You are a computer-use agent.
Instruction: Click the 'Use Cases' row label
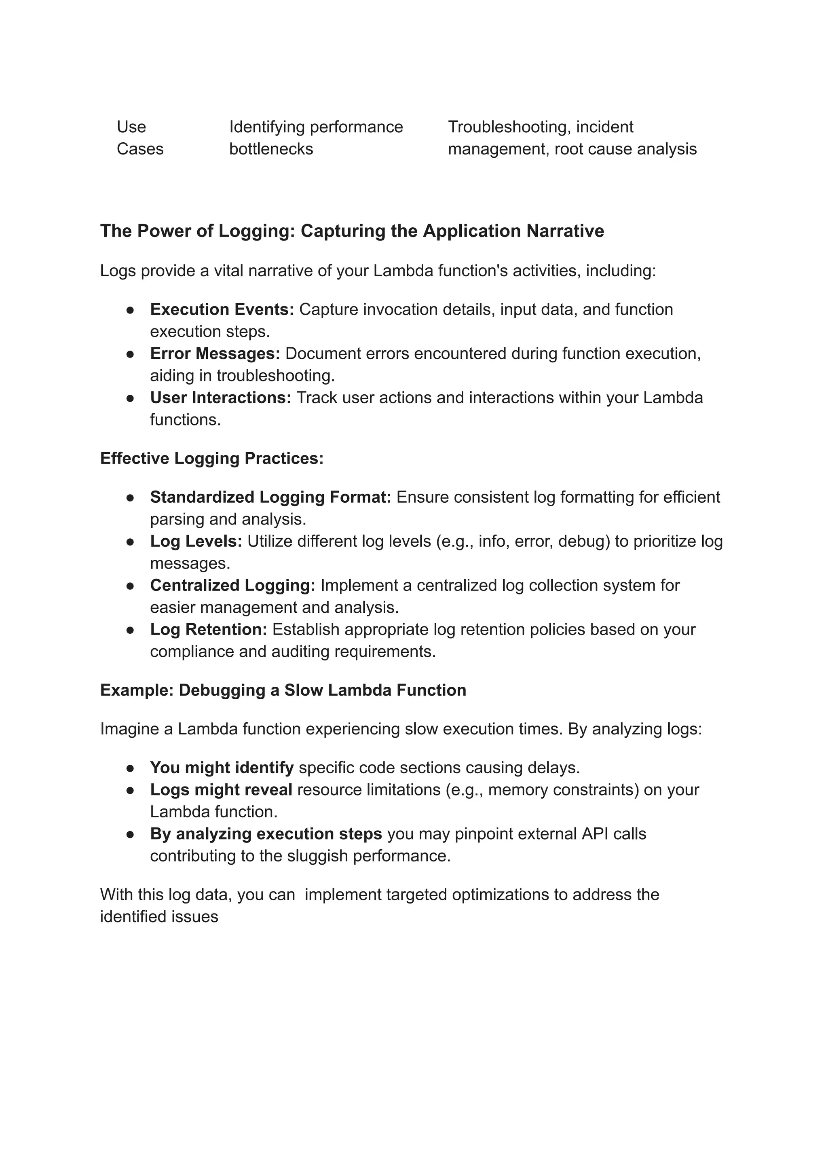[140, 138]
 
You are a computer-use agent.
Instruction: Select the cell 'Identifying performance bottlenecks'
[316, 138]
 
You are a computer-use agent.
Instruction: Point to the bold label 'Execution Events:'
[222, 309]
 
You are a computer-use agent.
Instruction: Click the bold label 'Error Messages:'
[215, 353]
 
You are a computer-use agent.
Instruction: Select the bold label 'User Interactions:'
[220, 397]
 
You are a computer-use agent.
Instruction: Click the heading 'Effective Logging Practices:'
[211, 458]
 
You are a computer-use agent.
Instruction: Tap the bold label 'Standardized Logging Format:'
[270, 497]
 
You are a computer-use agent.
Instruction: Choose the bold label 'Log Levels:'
[196, 541]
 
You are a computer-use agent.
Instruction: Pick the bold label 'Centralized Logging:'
[232, 585]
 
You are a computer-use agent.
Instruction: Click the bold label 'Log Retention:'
[208, 629]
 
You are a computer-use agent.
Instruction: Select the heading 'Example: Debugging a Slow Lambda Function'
[283, 690]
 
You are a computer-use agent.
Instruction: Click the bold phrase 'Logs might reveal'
[221, 789]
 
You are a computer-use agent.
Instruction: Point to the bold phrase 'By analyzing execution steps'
[266, 834]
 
